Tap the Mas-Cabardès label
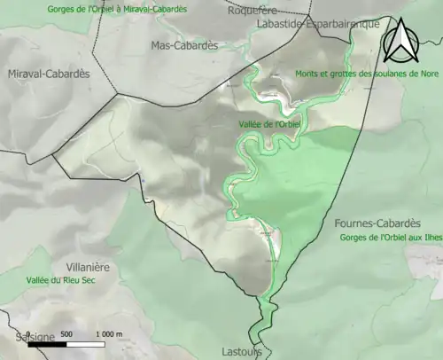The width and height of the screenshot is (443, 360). pos(184,44)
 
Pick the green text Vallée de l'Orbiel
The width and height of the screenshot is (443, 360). pos(271,124)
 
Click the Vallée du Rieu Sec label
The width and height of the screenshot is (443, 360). pos(60,280)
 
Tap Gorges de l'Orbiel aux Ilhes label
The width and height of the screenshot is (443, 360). pos(390,239)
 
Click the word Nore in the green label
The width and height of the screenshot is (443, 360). pos(431,74)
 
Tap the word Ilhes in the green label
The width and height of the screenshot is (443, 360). pos(429,239)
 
